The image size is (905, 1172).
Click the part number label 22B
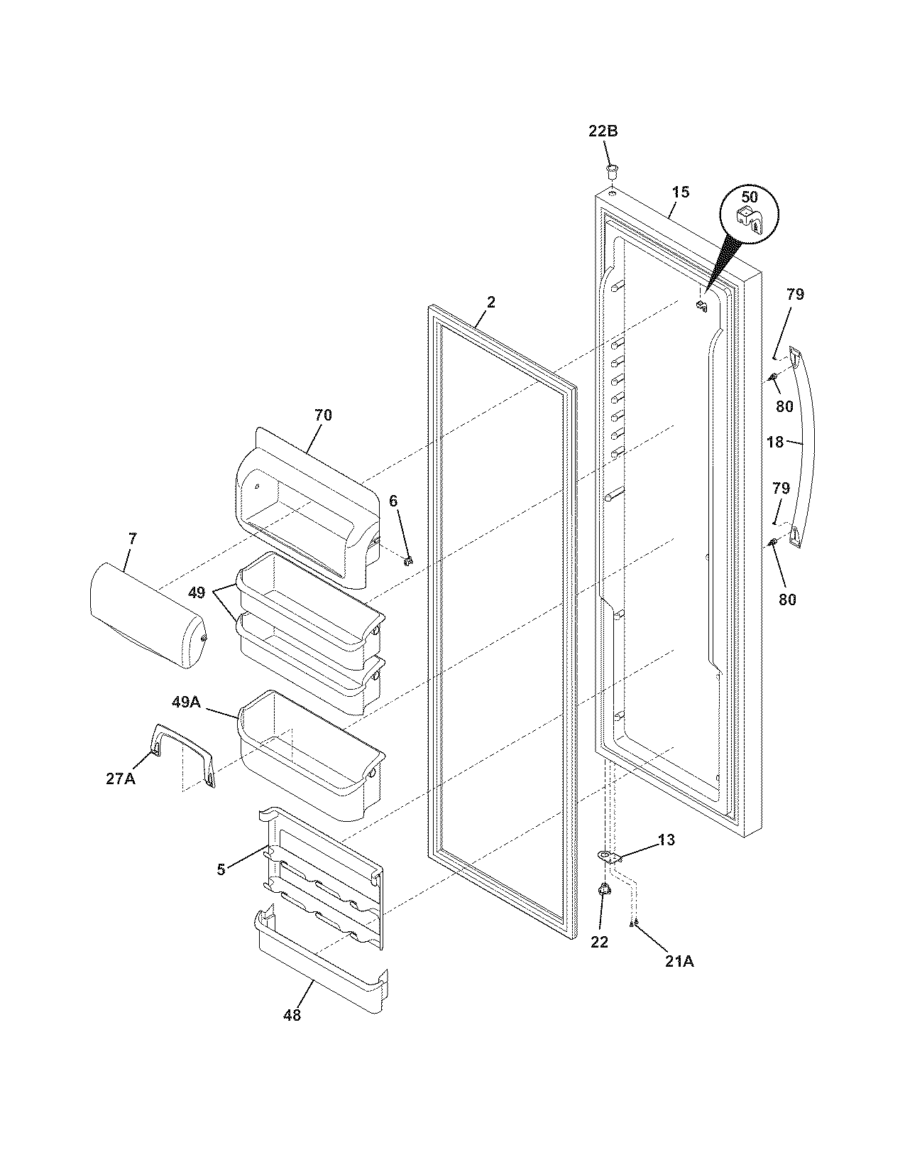603,131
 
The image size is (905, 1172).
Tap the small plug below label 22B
612,170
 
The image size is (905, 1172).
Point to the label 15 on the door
680,192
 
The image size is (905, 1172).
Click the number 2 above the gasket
490,302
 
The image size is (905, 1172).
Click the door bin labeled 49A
312,753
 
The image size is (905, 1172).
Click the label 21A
679,962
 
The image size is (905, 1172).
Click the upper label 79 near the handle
795,294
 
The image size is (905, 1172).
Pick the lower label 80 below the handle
786,599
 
